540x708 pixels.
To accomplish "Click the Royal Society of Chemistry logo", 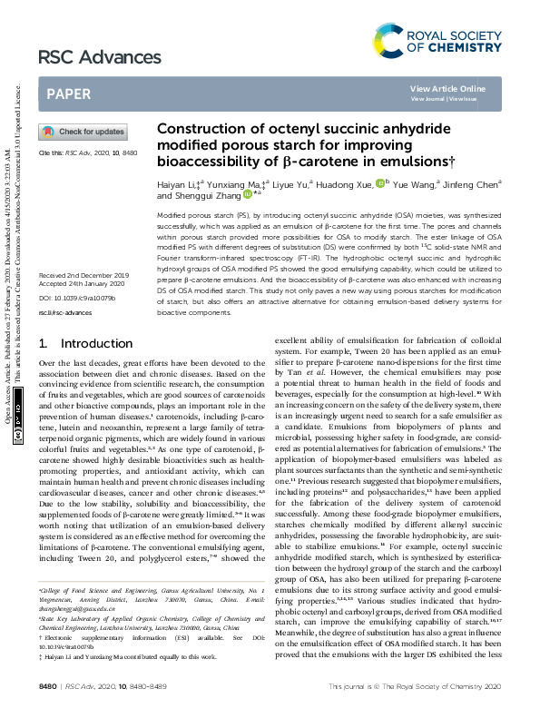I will click(437, 40).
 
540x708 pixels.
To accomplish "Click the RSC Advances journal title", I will click(85, 58).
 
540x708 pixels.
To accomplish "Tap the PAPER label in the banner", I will click(68, 93).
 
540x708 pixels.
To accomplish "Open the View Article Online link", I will click(447, 88).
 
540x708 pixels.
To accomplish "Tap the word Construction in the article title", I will click(201, 129).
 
